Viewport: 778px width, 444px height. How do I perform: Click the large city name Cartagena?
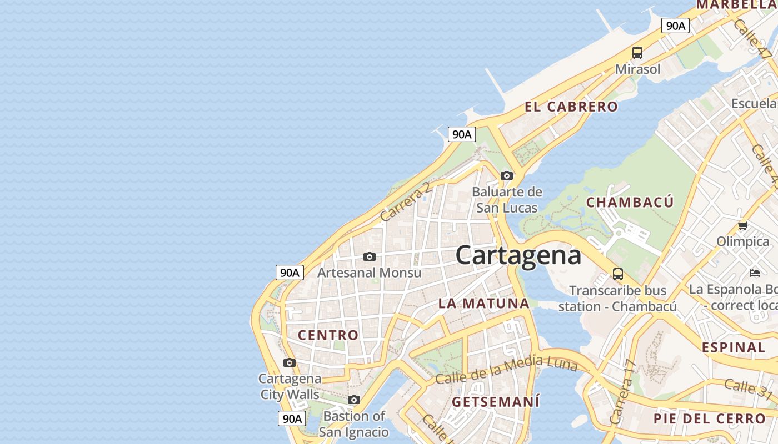518,255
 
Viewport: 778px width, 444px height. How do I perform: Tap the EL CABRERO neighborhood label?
571,107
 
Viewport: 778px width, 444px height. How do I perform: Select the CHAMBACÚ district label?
630,202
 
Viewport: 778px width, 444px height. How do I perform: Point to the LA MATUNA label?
483,303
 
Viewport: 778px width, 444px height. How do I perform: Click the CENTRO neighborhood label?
328,335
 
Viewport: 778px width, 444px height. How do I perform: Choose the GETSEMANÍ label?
496,401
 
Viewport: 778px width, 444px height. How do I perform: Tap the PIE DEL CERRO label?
709,418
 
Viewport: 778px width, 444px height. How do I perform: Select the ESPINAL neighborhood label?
734,347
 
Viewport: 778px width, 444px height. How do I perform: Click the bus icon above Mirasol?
637,53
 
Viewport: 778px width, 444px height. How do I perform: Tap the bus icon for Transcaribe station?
618,274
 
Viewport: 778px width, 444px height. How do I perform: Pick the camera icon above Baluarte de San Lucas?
506,175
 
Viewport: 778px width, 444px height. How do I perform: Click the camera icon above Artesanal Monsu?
369,256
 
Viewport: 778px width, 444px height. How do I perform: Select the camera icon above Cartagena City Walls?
289,362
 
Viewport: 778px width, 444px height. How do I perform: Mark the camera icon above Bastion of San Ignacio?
354,400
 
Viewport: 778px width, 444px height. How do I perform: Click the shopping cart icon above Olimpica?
742,225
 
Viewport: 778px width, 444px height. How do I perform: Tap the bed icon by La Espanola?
755,273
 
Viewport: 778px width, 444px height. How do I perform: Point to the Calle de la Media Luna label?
506,369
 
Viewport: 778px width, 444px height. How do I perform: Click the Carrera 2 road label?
405,201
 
